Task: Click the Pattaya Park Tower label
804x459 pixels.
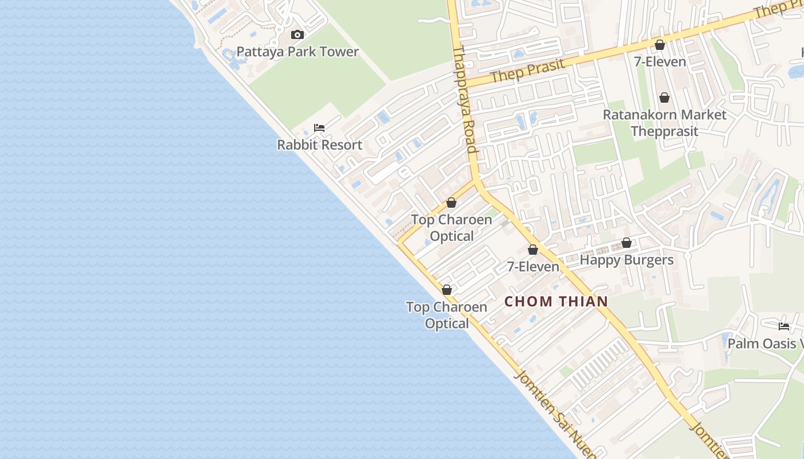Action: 297,52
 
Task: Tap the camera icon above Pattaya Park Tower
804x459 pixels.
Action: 297,35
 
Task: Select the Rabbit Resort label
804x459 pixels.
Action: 320,145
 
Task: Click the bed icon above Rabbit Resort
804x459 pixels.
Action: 319,128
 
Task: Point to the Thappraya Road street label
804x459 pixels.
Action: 465,100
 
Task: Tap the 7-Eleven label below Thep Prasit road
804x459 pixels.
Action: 660,61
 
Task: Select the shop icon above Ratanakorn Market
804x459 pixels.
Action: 664,98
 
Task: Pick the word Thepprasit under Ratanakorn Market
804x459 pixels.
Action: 664,131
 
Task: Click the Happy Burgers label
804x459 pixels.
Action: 627,260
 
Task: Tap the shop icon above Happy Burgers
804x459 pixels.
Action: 627,243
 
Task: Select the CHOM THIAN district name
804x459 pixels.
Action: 556,301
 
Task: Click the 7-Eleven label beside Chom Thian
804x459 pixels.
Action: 533,267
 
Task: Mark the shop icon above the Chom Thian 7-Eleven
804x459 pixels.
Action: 533,250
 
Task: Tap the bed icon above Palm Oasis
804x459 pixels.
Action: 784,326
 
